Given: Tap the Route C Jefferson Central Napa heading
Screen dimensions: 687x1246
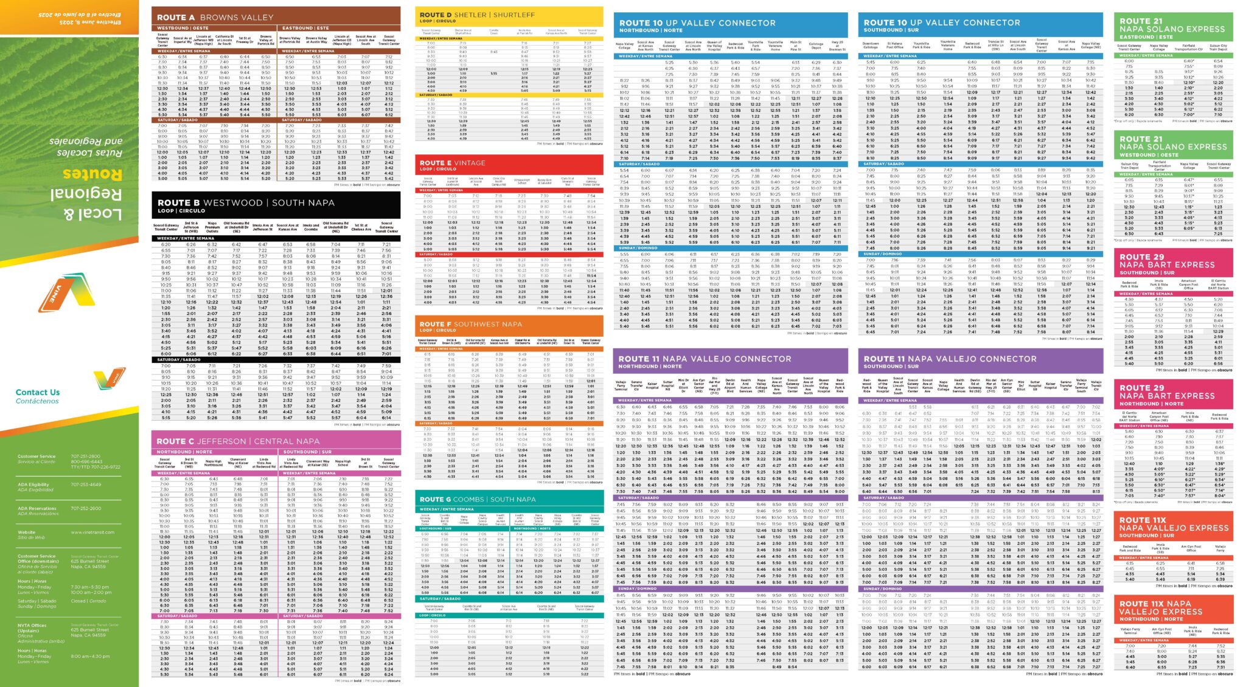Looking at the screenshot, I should (x=238, y=441).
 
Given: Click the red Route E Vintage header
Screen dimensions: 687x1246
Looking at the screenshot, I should (x=453, y=163).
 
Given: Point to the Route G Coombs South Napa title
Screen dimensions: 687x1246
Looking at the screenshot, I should (x=478, y=499).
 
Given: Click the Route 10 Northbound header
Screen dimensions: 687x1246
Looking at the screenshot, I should (x=697, y=23).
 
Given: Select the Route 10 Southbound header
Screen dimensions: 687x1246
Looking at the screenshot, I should (x=942, y=22).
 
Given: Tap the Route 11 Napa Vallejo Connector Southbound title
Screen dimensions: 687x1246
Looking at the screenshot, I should (x=950, y=359).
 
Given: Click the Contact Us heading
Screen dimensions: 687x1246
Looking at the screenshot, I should (x=38, y=392).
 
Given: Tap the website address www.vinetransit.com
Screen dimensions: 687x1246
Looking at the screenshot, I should (x=92, y=532).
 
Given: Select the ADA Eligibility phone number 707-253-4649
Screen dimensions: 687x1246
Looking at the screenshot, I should (x=86, y=485).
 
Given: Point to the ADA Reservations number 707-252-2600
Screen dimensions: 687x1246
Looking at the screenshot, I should (x=86, y=508).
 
